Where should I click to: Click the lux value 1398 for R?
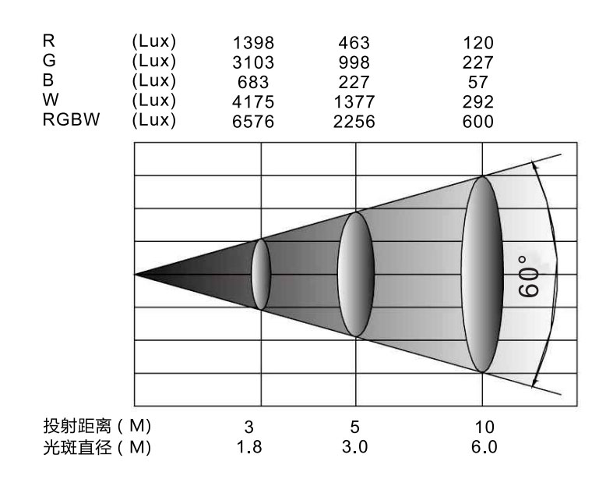click(253, 43)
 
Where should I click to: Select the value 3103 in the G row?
click(253, 62)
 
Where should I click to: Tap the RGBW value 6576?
click(253, 122)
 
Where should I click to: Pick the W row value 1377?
click(354, 101)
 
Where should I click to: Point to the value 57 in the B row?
click(478, 82)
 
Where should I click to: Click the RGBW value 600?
click(478, 122)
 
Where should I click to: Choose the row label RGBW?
click(71, 119)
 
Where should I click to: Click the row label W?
click(51, 99)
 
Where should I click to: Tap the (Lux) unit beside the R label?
click(153, 41)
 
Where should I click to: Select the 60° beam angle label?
click(528, 276)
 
